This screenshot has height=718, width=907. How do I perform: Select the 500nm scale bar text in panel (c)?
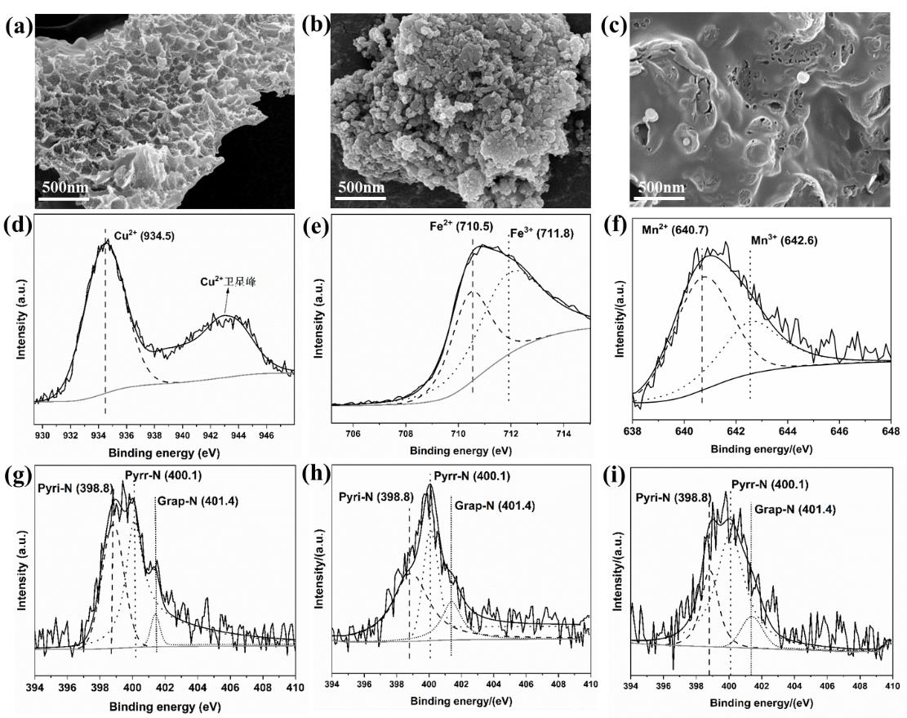[x=660, y=187]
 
